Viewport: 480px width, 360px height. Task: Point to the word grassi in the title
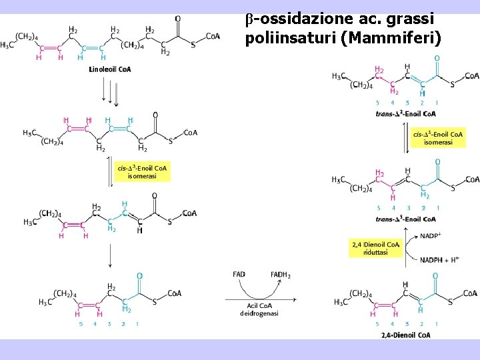click(407, 18)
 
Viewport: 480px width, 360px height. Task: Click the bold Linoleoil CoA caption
click(110, 69)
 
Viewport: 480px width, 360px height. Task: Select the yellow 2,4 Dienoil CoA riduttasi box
click(375, 249)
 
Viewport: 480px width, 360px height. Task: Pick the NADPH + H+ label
click(439, 259)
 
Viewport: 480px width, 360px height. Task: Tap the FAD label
click(239, 275)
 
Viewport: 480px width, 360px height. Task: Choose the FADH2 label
click(280, 275)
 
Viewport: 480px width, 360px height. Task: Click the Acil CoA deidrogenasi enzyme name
click(259, 309)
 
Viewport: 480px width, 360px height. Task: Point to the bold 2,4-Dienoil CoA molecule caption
click(405, 335)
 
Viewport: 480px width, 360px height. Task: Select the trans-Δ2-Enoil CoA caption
click(405, 113)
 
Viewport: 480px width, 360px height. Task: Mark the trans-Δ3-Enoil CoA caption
click(405, 219)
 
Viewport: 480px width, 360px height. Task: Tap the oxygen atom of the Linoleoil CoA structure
click(177, 19)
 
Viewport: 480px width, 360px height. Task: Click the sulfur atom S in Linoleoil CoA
click(193, 45)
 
